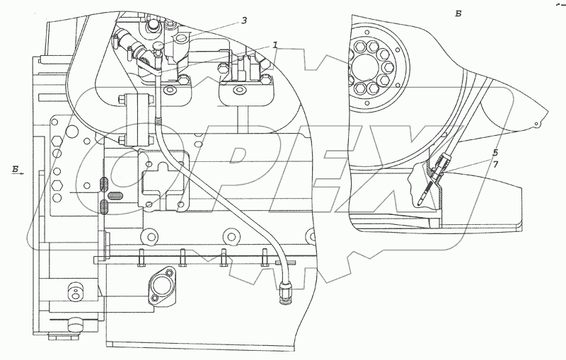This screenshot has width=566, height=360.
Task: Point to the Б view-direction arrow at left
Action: click(x=18, y=169)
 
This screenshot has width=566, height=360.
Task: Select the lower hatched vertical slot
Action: click(x=103, y=208)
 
